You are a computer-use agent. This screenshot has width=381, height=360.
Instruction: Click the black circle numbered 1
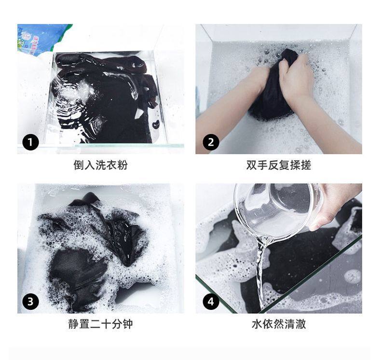30,142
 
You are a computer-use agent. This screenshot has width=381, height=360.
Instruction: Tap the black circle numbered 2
211,142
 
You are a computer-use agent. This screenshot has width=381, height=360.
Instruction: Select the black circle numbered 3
30,302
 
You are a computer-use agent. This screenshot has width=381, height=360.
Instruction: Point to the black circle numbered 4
211,302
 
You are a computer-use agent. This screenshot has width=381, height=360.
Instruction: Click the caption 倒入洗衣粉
101,165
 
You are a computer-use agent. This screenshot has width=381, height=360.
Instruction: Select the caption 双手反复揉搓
279,165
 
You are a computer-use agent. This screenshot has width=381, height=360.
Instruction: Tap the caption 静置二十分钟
101,324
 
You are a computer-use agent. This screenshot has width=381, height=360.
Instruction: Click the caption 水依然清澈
279,324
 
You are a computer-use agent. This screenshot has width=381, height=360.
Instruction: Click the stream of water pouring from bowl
262,272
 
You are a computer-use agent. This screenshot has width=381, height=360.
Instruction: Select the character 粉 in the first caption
122,165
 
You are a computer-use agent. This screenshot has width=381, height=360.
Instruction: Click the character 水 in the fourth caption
257,324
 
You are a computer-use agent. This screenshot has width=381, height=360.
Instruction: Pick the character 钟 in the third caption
128,324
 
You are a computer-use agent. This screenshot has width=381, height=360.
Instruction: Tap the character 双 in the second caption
252,165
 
